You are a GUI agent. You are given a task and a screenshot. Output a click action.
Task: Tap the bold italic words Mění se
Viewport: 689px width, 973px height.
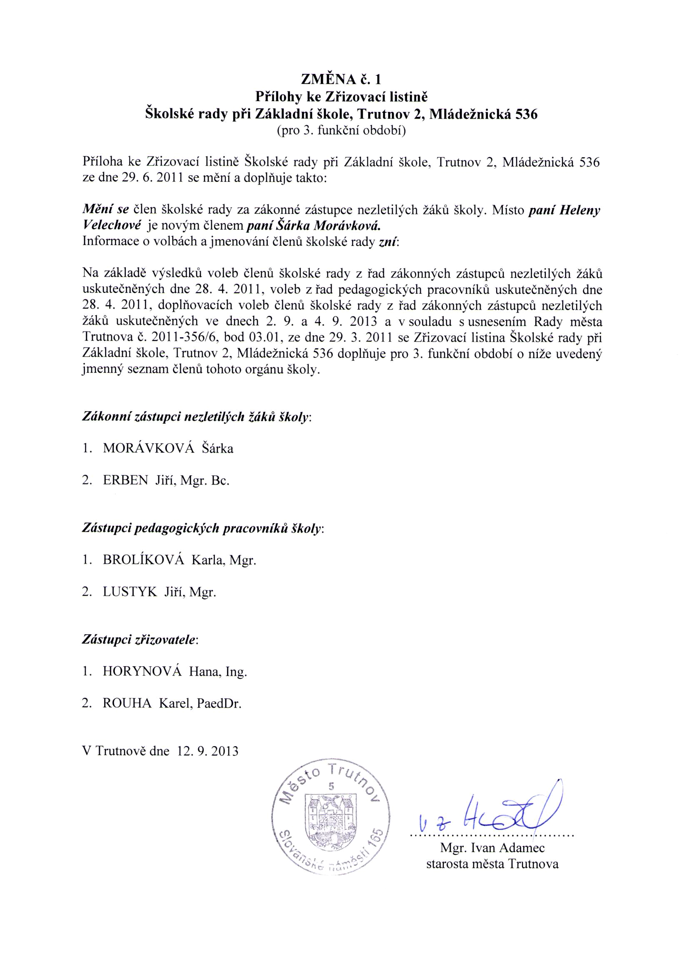tap(105, 210)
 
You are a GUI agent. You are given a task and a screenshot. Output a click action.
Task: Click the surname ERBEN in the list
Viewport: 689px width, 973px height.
tap(125, 480)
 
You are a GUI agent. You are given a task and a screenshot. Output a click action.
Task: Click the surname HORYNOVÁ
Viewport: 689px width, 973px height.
tap(142, 671)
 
